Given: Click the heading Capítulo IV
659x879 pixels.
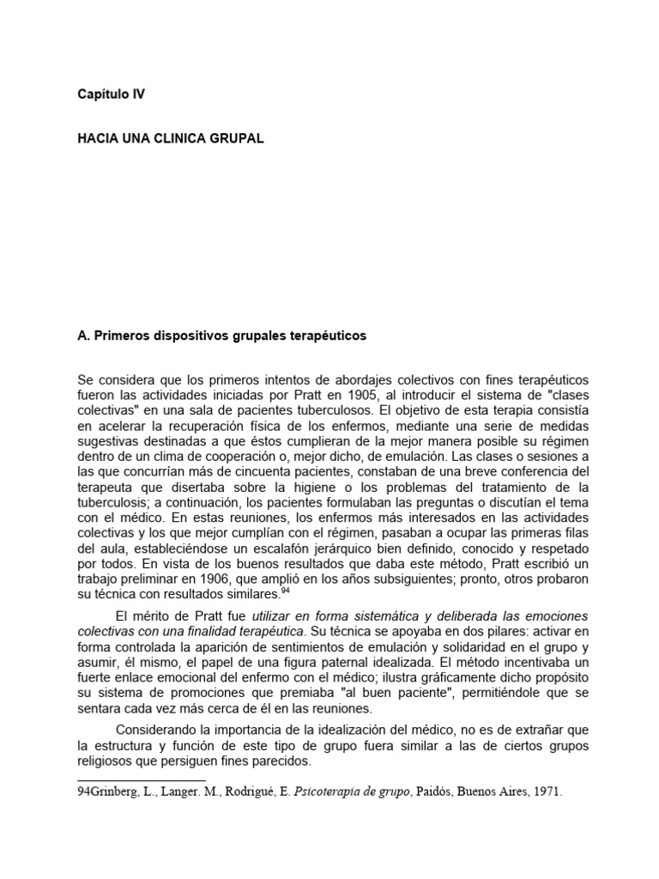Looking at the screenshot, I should click(x=111, y=94).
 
